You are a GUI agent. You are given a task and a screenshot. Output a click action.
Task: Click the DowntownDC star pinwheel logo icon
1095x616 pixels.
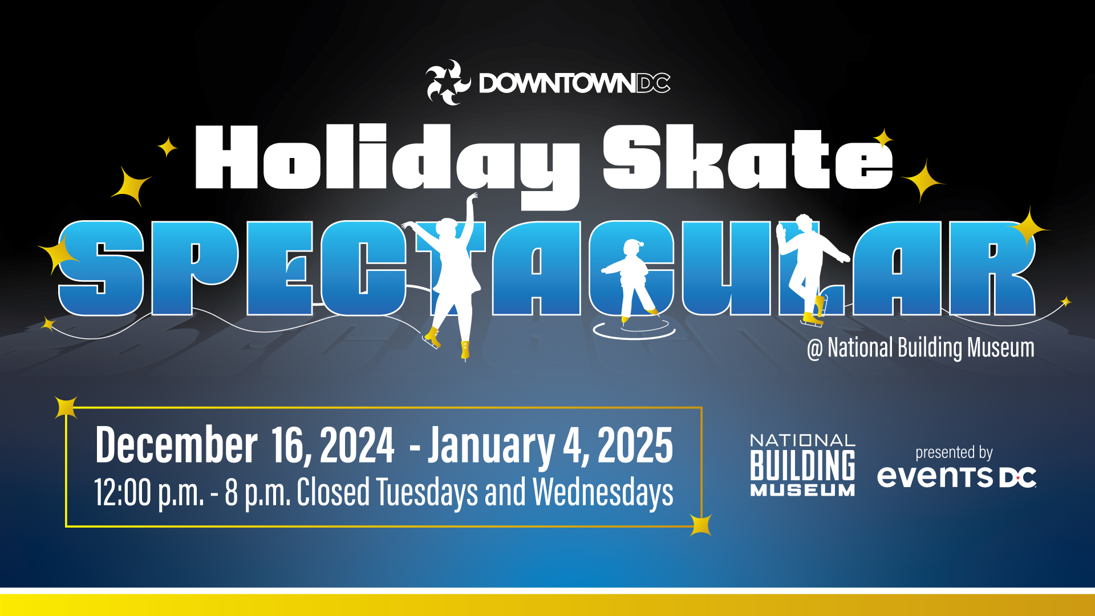[x=448, y=83]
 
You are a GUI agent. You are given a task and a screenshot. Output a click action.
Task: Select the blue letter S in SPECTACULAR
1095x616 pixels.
[x=102, y=268]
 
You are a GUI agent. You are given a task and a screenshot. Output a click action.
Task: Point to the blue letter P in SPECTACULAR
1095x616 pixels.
[x=194, y=268]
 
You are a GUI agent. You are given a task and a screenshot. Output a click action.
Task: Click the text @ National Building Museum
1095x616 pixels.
[x=920, y=348]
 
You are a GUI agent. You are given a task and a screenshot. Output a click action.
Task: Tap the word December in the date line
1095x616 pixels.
[x=176, y=445]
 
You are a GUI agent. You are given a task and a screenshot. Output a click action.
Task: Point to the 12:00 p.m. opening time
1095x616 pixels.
[x=149, y=492]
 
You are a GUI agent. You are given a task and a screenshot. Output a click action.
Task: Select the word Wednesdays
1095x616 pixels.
[x=603, y=492]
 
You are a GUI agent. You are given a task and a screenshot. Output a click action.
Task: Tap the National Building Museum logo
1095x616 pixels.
[x=802, y=465]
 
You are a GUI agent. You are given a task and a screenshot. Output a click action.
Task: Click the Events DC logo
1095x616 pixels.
[x=956, y=477]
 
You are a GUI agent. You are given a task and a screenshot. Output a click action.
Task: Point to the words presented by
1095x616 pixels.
[x=954, y=453]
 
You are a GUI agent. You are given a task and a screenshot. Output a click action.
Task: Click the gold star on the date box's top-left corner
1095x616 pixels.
[x=66, y=407]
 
